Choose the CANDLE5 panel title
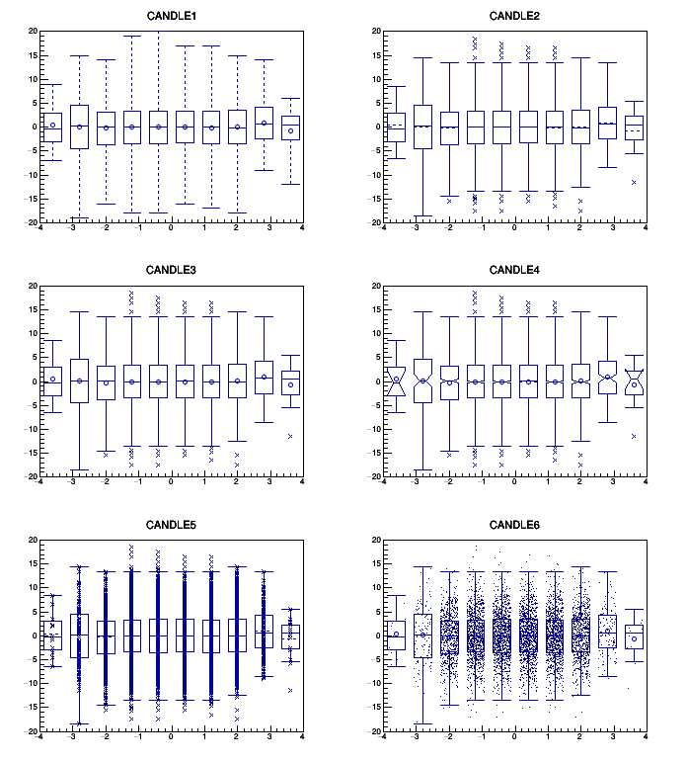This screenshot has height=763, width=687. pos(171,524)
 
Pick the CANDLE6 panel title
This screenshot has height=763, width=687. pos(513,524)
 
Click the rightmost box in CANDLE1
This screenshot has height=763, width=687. pos(290,127)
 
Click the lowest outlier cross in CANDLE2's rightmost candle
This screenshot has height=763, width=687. pos(634,182)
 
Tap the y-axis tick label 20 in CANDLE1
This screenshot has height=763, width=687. pos(32,32)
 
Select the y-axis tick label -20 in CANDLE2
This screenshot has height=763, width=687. pos(373,222)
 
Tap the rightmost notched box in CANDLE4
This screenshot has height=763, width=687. pos(634,381)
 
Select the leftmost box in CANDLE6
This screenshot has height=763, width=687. pos(396,635)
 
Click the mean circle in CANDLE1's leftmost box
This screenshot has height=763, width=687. pos(52,126)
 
